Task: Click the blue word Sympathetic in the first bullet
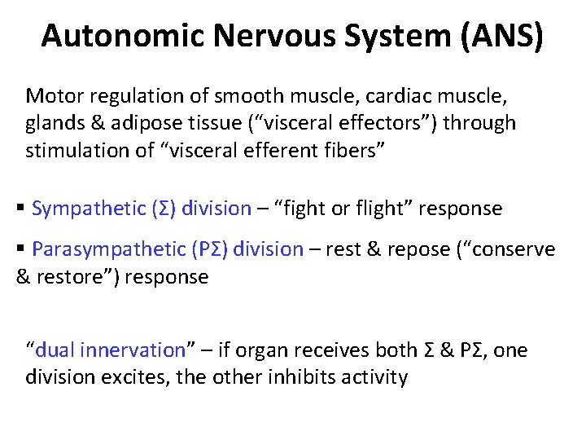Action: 89,209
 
